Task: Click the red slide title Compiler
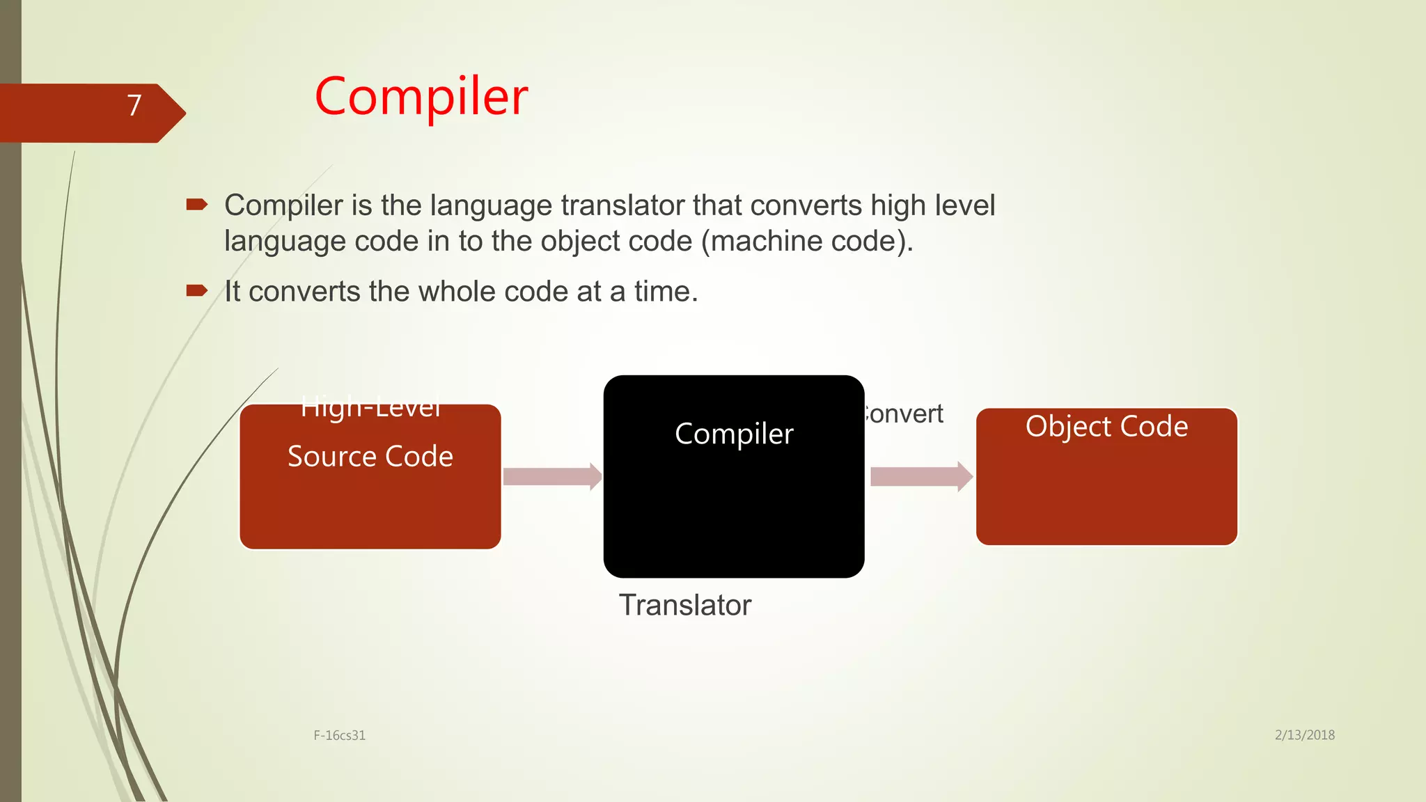[x=421, y=97]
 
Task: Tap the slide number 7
[x=134, y=106]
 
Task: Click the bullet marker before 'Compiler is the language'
[x=196, y=205]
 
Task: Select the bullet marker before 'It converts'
[x=196, y=291]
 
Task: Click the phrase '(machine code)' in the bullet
[x=806, y=242]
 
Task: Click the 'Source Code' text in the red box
[x=370, y=457]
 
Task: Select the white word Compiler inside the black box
[x=734, y=434]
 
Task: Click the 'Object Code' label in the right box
[x=1106, y=426]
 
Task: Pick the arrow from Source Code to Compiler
[x=552, y=477]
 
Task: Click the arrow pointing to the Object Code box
[x=921, y=477]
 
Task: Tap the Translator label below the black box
[x=685, y=605]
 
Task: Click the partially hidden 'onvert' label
[x=904, y=414]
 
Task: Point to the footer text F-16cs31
[x=339, y=735]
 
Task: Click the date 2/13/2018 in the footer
[x=1304, y=735]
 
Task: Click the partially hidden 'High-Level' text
[x=370, y=408]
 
